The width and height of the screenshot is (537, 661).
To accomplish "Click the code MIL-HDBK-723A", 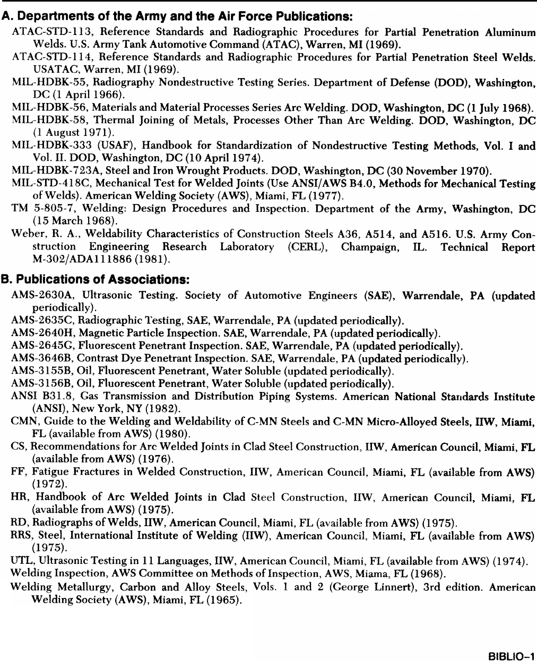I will pyautogui.click(x=45, y=171).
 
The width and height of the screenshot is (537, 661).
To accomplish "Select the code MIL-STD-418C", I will pyautogui.click(x=42, y=184).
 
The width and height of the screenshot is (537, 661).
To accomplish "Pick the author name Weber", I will pyautogui.click(x=25, y=234).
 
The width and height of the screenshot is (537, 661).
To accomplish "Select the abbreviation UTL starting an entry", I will pyautogui.click(x=20, y=561).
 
